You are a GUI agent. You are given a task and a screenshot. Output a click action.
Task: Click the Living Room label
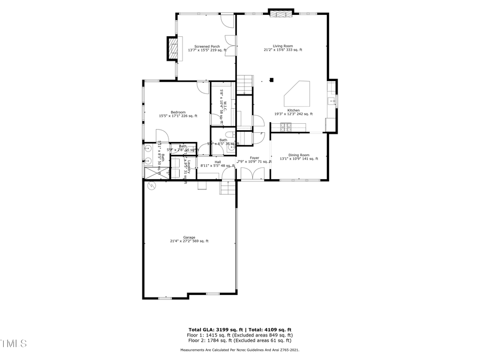pyautogui.click(x=283, y=46)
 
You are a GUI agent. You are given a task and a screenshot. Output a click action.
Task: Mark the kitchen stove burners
pyautogui.click(x=285, y=126)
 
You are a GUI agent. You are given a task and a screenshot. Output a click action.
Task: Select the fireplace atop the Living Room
pyautogui.click(x=281, y=13)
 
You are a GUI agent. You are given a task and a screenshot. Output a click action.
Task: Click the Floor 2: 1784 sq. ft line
pyautogui.click(x=239, y=340)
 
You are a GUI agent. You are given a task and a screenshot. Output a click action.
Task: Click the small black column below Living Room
pyautogui.click(x=271, y=80)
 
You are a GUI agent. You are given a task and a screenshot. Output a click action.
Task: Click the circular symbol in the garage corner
pyautogui.click(x=150, y=185)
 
